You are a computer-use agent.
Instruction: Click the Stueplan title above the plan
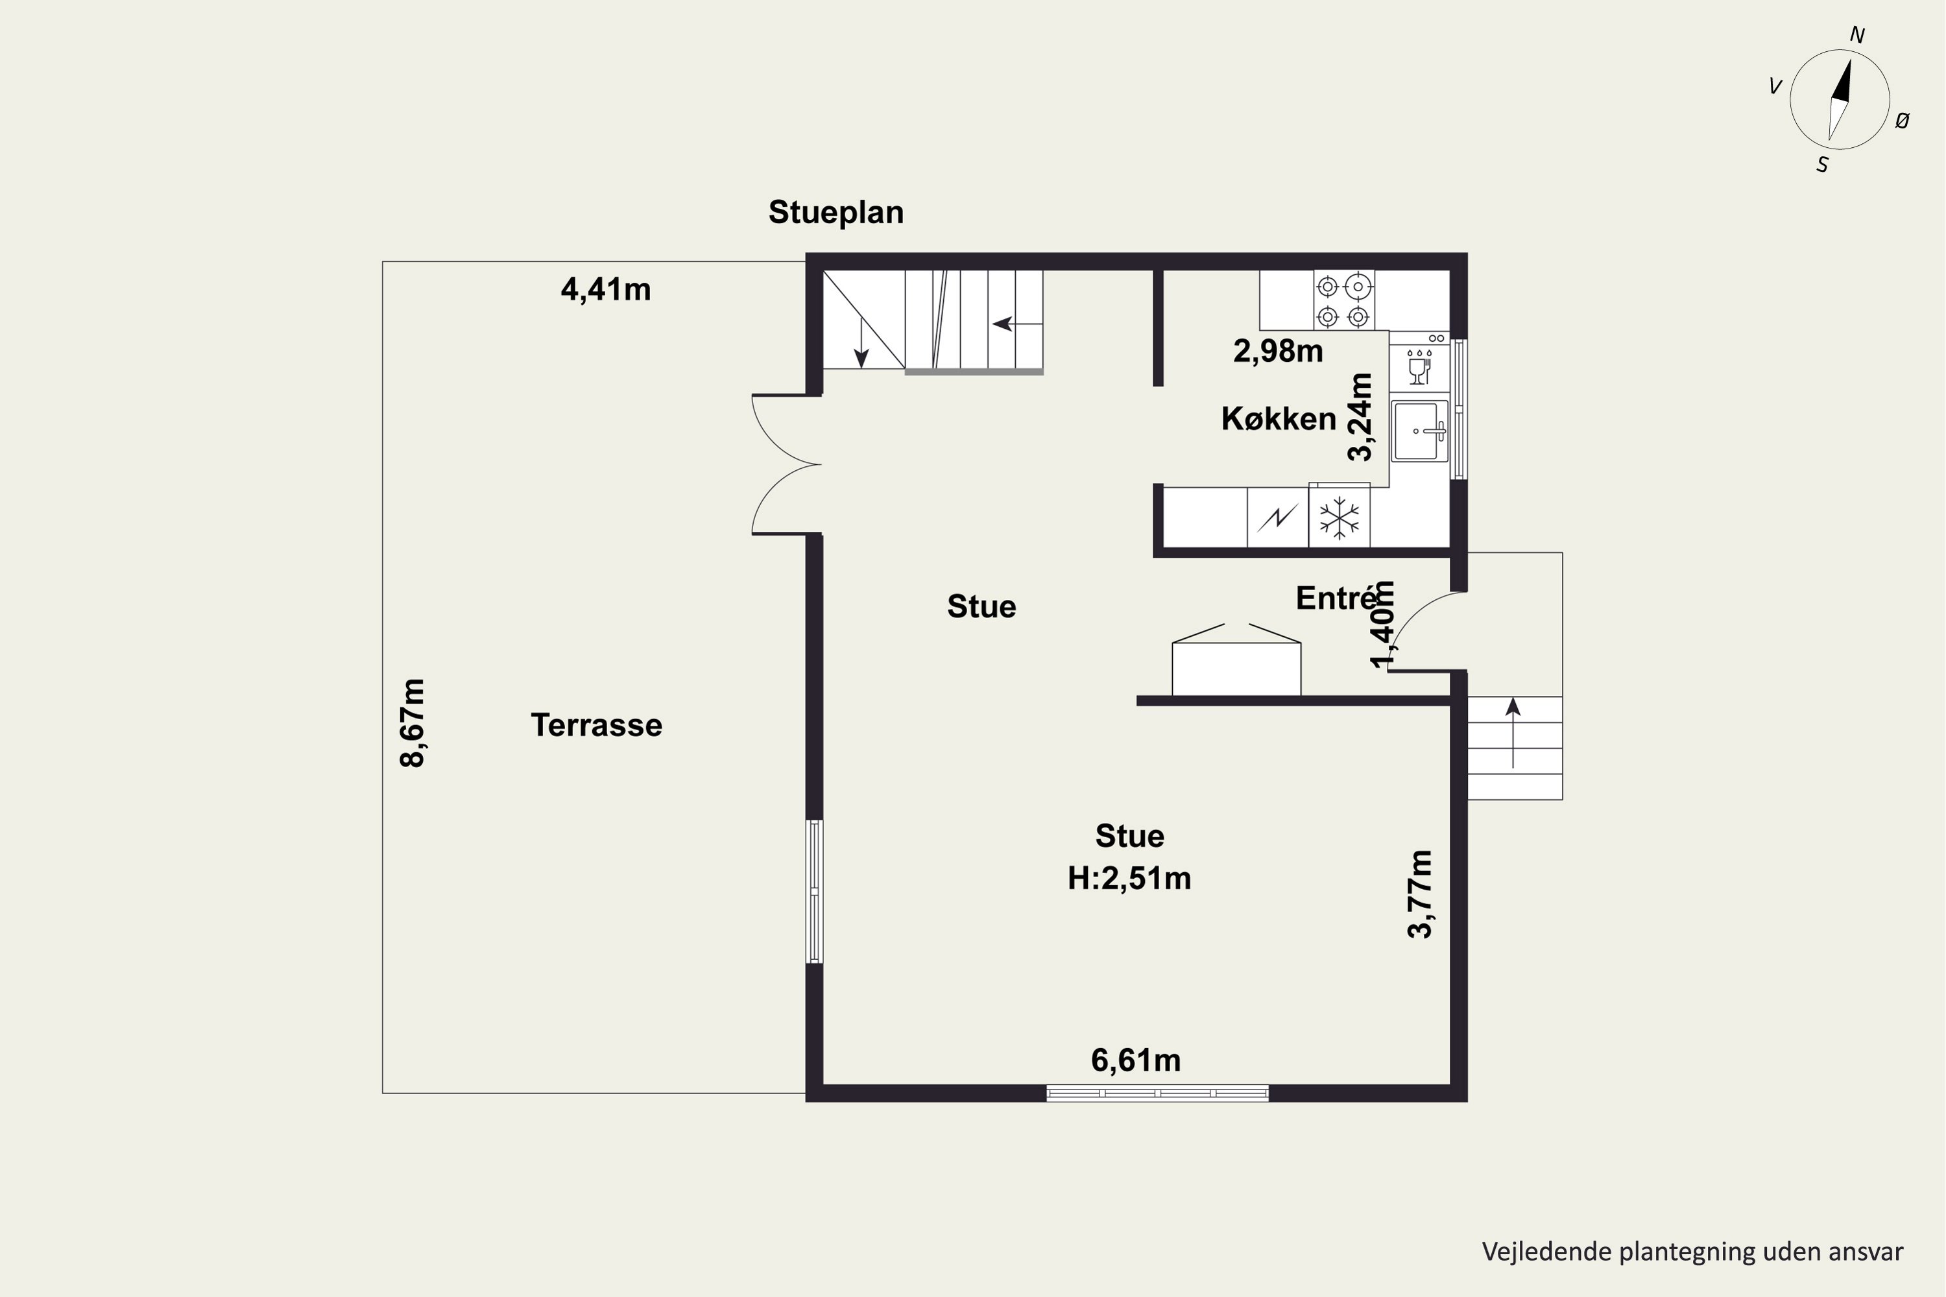pos(835,213)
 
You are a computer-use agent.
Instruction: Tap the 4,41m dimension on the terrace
pos(606,289)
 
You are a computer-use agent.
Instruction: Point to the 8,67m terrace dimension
pos(412,723)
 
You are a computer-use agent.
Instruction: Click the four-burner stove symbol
pos(1343,300)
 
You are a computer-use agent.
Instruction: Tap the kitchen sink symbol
pos(1420,430)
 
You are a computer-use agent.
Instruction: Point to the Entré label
pos(1336,598)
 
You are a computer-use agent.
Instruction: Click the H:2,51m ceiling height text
pos(1129,877)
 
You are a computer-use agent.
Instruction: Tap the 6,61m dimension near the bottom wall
pos(1136,1060)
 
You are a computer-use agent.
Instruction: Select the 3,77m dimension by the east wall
pos(1420,894)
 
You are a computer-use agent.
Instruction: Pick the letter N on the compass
pos(1858,36)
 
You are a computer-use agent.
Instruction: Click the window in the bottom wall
pos(1157,1093)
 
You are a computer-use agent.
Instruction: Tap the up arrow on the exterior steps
pos(1513,733)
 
